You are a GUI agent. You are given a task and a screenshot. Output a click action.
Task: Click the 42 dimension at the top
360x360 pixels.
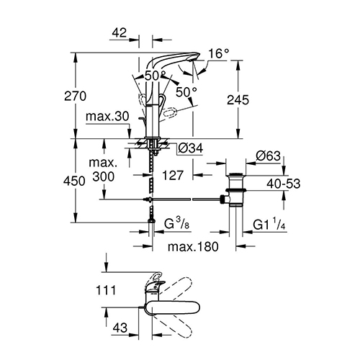pyautogui.click(x=120, y=32)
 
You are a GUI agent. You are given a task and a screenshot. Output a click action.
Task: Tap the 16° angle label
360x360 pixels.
pyautogui.click(x=219, y=53)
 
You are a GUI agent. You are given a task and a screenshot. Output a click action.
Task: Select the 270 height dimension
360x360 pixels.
pyautogui.click(x=75, y=96)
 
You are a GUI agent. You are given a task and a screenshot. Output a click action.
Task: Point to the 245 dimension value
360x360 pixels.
pyautogui.click(x=238, y=100)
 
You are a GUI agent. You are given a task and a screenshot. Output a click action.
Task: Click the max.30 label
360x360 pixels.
pyautogui.click(x=107, y=117)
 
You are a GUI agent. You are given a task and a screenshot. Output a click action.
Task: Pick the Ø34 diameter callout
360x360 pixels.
pyautogui.click(x=191, y=148)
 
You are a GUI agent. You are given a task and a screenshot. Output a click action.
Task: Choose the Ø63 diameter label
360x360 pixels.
pyautogui.click(x=268, y=156)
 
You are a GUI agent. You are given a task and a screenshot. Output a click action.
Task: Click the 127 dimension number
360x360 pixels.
pyautogui.click(x=173, y=175)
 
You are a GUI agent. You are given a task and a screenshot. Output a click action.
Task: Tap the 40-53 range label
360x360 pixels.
pyautogui.click(x=284, y=184)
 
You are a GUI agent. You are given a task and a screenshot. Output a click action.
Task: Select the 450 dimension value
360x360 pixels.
pyautogui.click(x=74, y=181)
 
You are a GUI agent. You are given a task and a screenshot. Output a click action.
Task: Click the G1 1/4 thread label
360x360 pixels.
pyautogui.click(x=269, y=224)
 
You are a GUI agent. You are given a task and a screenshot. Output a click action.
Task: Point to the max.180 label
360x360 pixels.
pyautogui.click(x=193, y=246)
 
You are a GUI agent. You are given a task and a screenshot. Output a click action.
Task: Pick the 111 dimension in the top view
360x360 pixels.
pyautogui.click(x=106, y=290)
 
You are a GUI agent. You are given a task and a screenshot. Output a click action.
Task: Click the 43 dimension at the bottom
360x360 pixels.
pyautogui.click(x=120, y=328)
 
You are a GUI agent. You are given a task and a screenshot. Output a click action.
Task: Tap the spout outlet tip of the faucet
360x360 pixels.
pyautogui.click(x=192, y=60)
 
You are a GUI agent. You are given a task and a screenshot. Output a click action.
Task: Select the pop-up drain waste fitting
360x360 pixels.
pyautogui.click(x=235, y=190)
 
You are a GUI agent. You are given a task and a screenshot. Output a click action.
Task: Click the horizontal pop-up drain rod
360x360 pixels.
pyautogui.click(x=182, y=199)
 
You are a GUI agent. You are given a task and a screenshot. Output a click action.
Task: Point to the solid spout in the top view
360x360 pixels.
pyautogui.click(x=172, y=307)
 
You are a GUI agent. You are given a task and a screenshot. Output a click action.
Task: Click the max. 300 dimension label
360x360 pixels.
pyautogui.click(x=103, y=170)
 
